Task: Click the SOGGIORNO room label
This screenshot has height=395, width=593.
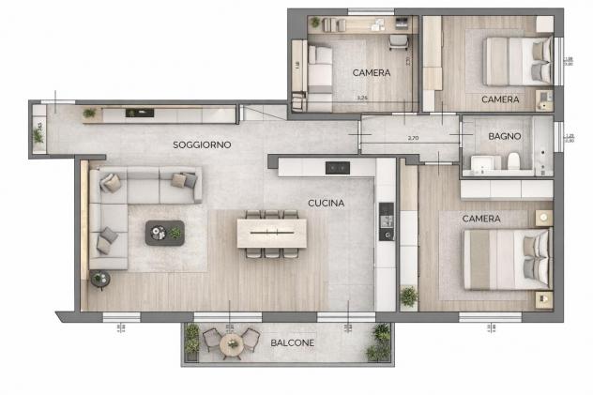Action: (x=202, y=145)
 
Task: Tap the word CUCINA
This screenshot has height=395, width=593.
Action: (x=326, y=203)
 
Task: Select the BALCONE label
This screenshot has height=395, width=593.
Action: (x=292, y=343)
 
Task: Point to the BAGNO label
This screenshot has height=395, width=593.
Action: (x=504, y=137)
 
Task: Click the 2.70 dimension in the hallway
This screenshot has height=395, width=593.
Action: (x=413, y=139)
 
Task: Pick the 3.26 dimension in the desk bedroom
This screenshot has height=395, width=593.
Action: (x=361, y=97)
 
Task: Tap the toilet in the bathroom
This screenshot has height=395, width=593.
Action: (x=512, y=163)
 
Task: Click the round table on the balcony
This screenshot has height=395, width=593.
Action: (x=231, y=343)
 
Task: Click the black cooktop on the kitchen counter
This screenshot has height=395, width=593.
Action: (x=338, y=168)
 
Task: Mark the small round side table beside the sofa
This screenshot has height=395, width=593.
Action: (x=100, y=277)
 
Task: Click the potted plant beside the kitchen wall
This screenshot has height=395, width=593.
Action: (x=408, y=296)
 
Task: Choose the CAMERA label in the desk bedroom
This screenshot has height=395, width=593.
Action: (x=372, y=72)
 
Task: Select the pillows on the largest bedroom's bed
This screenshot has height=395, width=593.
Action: (x=534, y=257)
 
